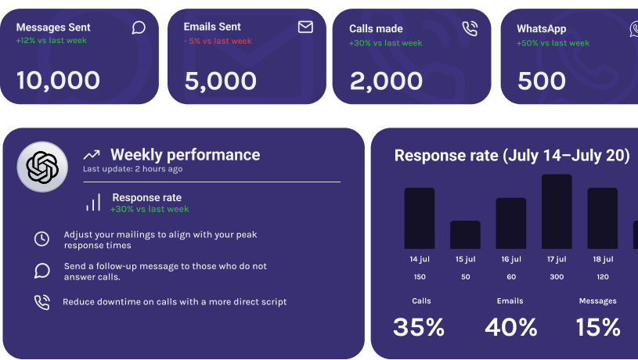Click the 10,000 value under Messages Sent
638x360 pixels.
coord(58,81)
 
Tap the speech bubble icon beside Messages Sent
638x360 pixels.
coord(139,28)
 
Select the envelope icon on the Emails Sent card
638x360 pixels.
coord(305,27)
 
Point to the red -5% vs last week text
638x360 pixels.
coord(218,41)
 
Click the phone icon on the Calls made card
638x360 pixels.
coord(470,29)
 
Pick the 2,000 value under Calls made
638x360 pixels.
coord(386,81)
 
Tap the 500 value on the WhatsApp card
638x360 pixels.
coord(541,81)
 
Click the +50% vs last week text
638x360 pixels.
coord(553,43)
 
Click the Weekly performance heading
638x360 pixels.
coord(185,155)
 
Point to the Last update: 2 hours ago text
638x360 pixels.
coord(133,169)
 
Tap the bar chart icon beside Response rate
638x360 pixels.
coord(93,203)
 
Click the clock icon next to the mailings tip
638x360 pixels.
coord(41,239)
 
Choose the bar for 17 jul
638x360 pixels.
coord(557,211)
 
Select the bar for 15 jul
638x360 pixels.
coord(465,235)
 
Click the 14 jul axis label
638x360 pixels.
coord(420,259)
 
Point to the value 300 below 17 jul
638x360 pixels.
coord(557,277)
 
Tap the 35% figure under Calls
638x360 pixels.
coord(419,327)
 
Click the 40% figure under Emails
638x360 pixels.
coord(510,327)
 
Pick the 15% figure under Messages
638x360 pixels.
coord(598,327)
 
